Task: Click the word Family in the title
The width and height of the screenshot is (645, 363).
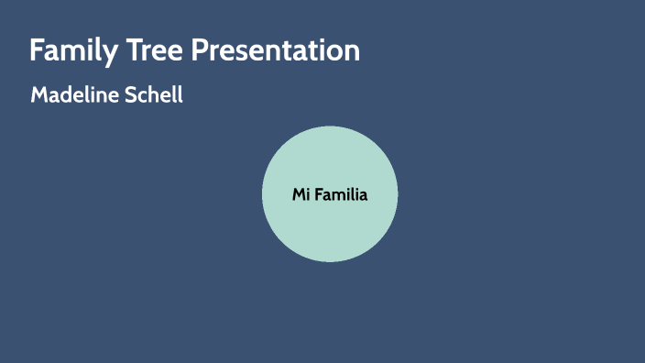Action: coord(71,50)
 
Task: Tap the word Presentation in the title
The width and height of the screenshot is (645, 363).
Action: coord(276,50)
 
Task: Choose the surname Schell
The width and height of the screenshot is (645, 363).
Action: coord(152,95)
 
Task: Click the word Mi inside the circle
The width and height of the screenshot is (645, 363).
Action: coord(301,194)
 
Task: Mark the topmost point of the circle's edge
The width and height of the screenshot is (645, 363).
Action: coord(330,126)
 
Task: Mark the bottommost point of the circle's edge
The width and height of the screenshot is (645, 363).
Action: coord(330,262)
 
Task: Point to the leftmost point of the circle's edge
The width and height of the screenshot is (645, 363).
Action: coord(262,194)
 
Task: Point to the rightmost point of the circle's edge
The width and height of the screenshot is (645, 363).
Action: coord(398,194)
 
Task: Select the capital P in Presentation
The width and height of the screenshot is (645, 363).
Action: coord(200,50)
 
